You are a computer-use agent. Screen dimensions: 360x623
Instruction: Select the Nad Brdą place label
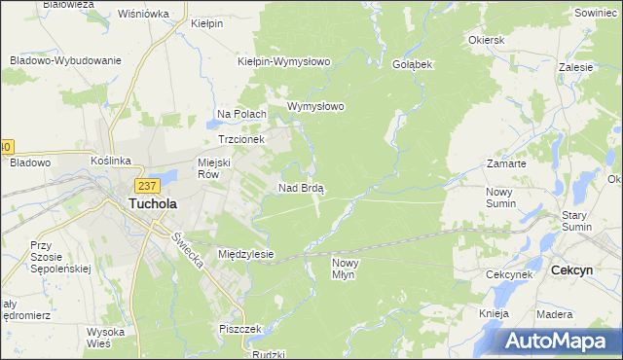[x=302, y=188]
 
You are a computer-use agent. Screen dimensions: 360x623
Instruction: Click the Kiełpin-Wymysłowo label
[x=284, y=61]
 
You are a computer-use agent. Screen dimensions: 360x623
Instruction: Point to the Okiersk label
[x=486, y=41]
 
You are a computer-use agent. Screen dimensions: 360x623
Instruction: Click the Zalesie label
[x=577, y=68]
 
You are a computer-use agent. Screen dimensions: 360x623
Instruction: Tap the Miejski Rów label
[x=216, y=168]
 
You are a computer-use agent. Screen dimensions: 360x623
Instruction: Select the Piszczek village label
[x=241, y=329]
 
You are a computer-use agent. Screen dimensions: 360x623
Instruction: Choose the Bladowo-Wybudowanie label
[x=65, y=60]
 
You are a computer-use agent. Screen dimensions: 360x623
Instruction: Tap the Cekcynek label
[x=508, y=274]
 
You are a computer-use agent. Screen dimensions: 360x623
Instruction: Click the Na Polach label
[x=241, y=114]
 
